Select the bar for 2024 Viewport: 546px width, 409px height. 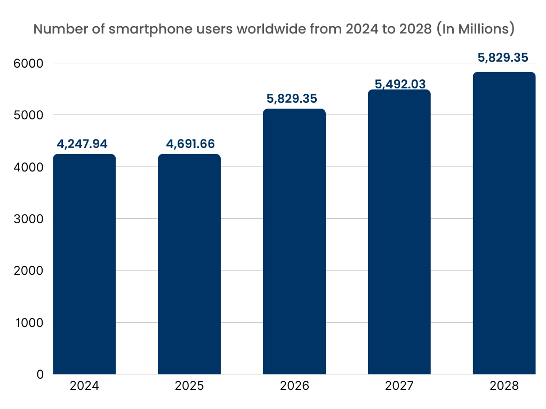(x=84, y=264)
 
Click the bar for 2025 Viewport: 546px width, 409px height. (x=189, y=264)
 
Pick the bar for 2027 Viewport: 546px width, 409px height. (x=399, y=232)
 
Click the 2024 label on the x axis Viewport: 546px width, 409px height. (x=84, y=386)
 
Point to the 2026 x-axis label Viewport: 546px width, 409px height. (x=294, y=386)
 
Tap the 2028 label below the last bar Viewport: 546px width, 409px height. (x=504, y=386)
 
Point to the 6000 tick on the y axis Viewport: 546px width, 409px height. (x=25, y=63)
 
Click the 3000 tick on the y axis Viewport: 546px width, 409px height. (x=25, y=219)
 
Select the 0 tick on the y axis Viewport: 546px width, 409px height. (x=40, y=374)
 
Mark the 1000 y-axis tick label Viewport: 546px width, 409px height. (x=25, y=323)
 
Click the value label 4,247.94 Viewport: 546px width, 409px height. (x=84, y=144)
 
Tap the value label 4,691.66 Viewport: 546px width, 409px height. (x=189, y=144)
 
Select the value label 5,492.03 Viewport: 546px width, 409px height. (x=399, y=84)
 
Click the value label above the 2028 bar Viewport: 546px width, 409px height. (x=504, y=58)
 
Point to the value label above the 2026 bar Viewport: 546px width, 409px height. (x=294, y=99)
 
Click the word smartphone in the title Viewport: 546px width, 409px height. (x=138, y=29)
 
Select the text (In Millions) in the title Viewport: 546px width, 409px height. (x=475, y=29)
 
